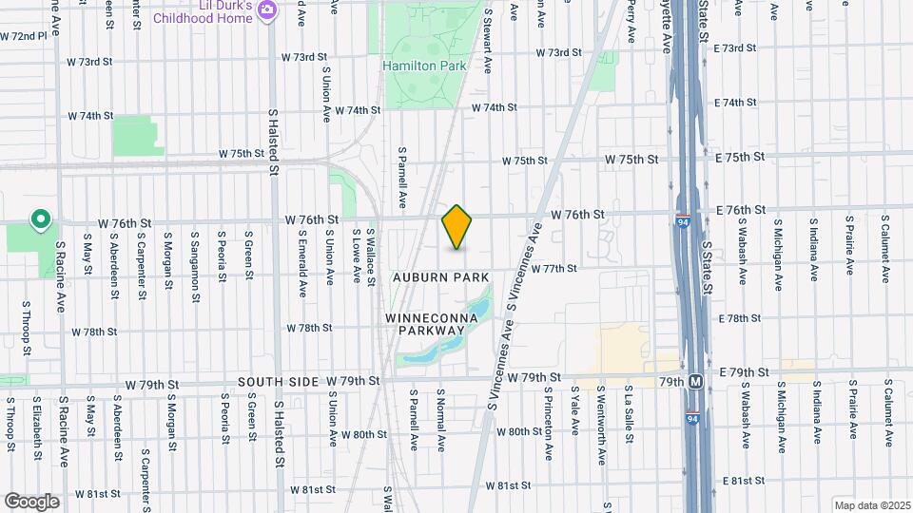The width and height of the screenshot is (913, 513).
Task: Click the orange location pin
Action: [457, 227]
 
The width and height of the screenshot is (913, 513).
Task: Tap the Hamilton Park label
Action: [424, 66]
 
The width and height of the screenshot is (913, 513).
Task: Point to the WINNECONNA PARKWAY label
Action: [425, 323]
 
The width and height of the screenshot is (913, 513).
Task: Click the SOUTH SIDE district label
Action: [278, 381]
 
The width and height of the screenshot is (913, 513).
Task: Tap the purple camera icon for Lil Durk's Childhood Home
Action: [268, 9]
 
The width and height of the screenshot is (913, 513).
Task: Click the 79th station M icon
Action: [696, 381]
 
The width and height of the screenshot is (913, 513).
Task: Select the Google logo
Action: [31, 501]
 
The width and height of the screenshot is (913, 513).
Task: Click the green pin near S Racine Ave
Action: [40, 221]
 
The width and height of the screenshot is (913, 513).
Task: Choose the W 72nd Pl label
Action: [24, 36]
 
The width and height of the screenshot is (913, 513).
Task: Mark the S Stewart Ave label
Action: [487, 43]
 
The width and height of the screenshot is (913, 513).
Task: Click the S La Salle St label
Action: [629, 413]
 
